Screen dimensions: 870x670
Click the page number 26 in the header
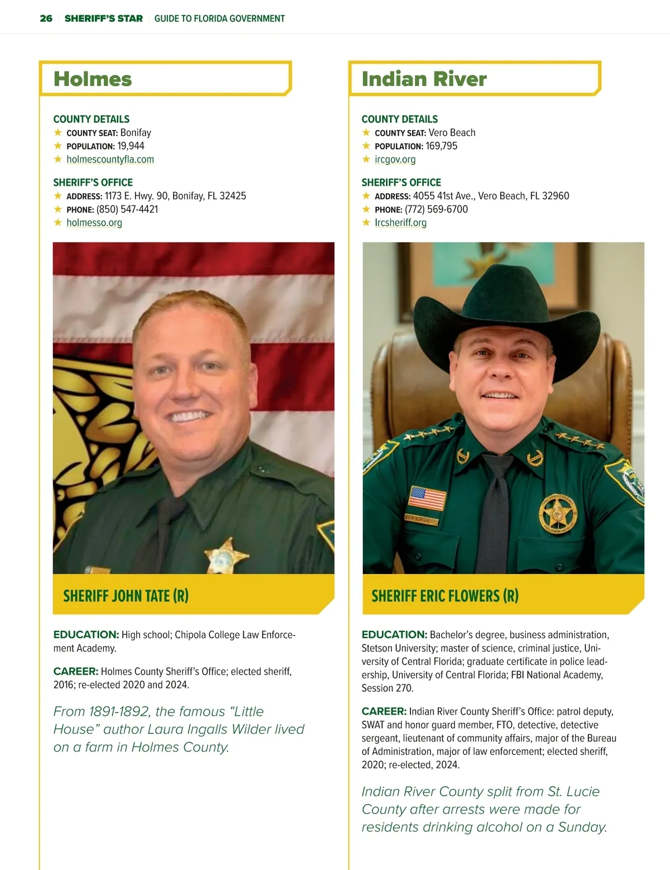point(46,18)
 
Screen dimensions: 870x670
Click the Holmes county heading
point(93,79)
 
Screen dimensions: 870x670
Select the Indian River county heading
point(424,79)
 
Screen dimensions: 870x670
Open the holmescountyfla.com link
point(110,159)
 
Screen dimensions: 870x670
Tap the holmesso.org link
point(94,222)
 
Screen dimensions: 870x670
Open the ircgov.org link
point(395,159)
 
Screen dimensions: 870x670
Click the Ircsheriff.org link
point(400,222)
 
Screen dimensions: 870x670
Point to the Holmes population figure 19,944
point(131,146)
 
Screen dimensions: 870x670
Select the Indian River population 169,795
point(441,146)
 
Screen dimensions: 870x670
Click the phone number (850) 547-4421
point(127,209)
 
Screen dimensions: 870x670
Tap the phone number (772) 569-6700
point(436,209)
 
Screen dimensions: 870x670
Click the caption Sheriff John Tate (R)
point(126,596)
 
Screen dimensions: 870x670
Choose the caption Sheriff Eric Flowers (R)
point(444,596)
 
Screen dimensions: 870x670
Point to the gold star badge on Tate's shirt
point(225,555)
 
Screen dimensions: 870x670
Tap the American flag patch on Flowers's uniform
point(427,498)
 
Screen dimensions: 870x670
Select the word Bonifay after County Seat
point(136,132)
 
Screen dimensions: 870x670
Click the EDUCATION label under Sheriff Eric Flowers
point(394,634)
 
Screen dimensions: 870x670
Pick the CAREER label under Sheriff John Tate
point(75,671)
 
